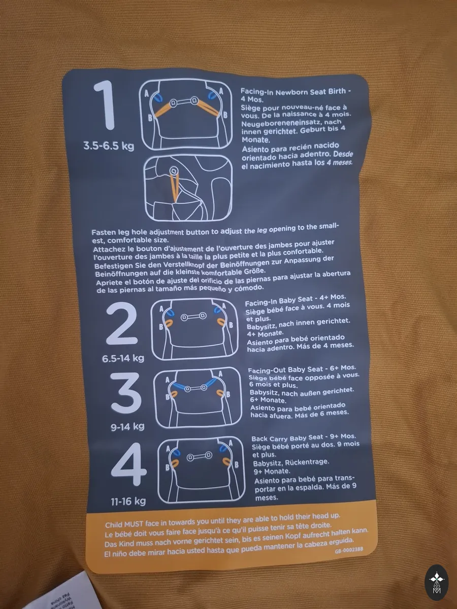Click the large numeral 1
[105, 105]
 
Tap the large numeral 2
[121, 323]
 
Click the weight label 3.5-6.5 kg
[109, 146]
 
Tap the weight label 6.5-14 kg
[123, 358]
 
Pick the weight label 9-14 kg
[127, 427]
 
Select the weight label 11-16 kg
[128, 501]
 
